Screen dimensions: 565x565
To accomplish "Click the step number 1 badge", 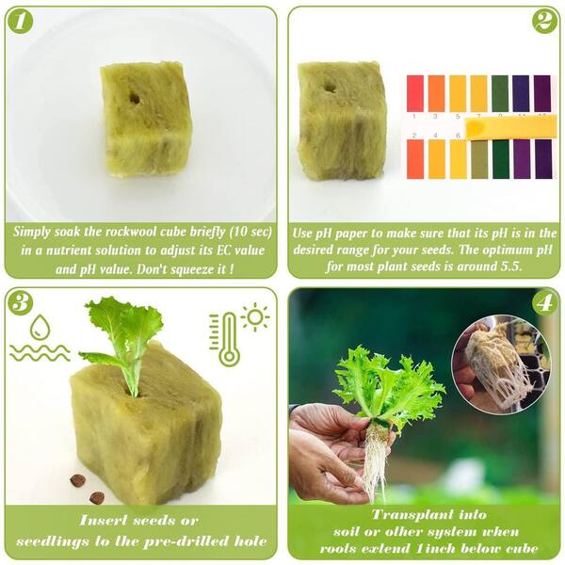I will coord(22,22).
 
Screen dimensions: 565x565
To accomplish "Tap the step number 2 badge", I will coord(543,21).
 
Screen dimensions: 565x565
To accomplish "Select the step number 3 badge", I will coord(22,302).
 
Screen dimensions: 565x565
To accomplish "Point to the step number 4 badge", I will coord(543,303).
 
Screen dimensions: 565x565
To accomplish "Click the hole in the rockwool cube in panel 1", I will coord(135,97).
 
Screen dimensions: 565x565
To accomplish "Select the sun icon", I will coord(254,317).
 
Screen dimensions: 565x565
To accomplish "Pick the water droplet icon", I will coord(40,327).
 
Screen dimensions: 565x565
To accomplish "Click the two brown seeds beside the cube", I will coord(87,489).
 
